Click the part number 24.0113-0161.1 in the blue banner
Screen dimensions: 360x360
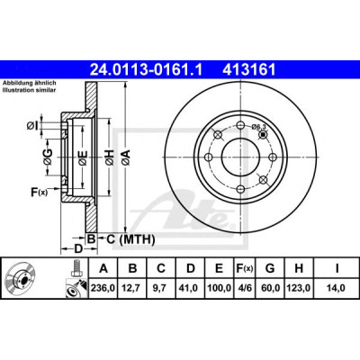pos(147,69)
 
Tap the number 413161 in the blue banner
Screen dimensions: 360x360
pos(248,69)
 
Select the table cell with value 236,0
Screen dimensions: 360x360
pos(103,288)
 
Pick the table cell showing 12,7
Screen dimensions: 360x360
pos(132,288)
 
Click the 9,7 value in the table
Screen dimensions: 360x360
pos(161,288)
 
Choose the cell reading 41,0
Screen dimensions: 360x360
pos(190,288)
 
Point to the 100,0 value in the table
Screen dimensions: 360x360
pos(219,288)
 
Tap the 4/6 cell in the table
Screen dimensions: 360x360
pos(245,288)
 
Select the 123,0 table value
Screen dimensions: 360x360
pos(299,288)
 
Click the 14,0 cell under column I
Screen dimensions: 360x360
pos(337,288)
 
